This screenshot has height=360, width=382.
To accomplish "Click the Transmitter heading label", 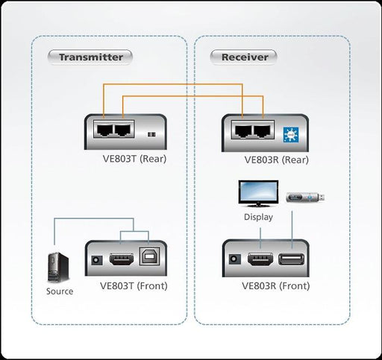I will (90, 57).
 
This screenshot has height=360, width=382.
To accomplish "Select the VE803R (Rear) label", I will (275, 159).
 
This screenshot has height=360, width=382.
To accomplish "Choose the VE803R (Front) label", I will (275, 285).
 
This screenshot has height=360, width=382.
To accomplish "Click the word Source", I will (60, 291).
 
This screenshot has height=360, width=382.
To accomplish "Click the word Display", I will (258, 217).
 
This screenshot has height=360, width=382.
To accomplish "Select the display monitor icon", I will (257, 194).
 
